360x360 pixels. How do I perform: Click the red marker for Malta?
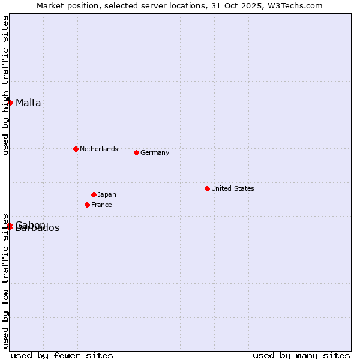point(10,103)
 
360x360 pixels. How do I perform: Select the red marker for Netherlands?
point(76,149)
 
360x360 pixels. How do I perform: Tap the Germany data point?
point(136,152)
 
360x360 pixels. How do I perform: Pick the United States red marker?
point(207,188)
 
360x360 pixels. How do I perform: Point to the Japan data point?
point(94,194)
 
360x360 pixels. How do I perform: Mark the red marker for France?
point(87,205)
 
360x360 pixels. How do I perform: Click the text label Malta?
point(28,103)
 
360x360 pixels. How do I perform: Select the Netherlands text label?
point(99,149)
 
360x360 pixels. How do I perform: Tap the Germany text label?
point(155,152)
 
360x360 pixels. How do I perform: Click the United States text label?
point(233,188)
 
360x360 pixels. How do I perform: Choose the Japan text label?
point(107,194)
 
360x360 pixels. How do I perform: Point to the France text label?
point(101,205)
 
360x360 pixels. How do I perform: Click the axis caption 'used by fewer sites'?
point(62,355)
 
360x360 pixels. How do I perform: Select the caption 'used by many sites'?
point(301,355)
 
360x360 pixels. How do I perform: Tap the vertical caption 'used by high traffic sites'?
point(5,85)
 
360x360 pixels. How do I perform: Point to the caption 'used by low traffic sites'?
point(5,280)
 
